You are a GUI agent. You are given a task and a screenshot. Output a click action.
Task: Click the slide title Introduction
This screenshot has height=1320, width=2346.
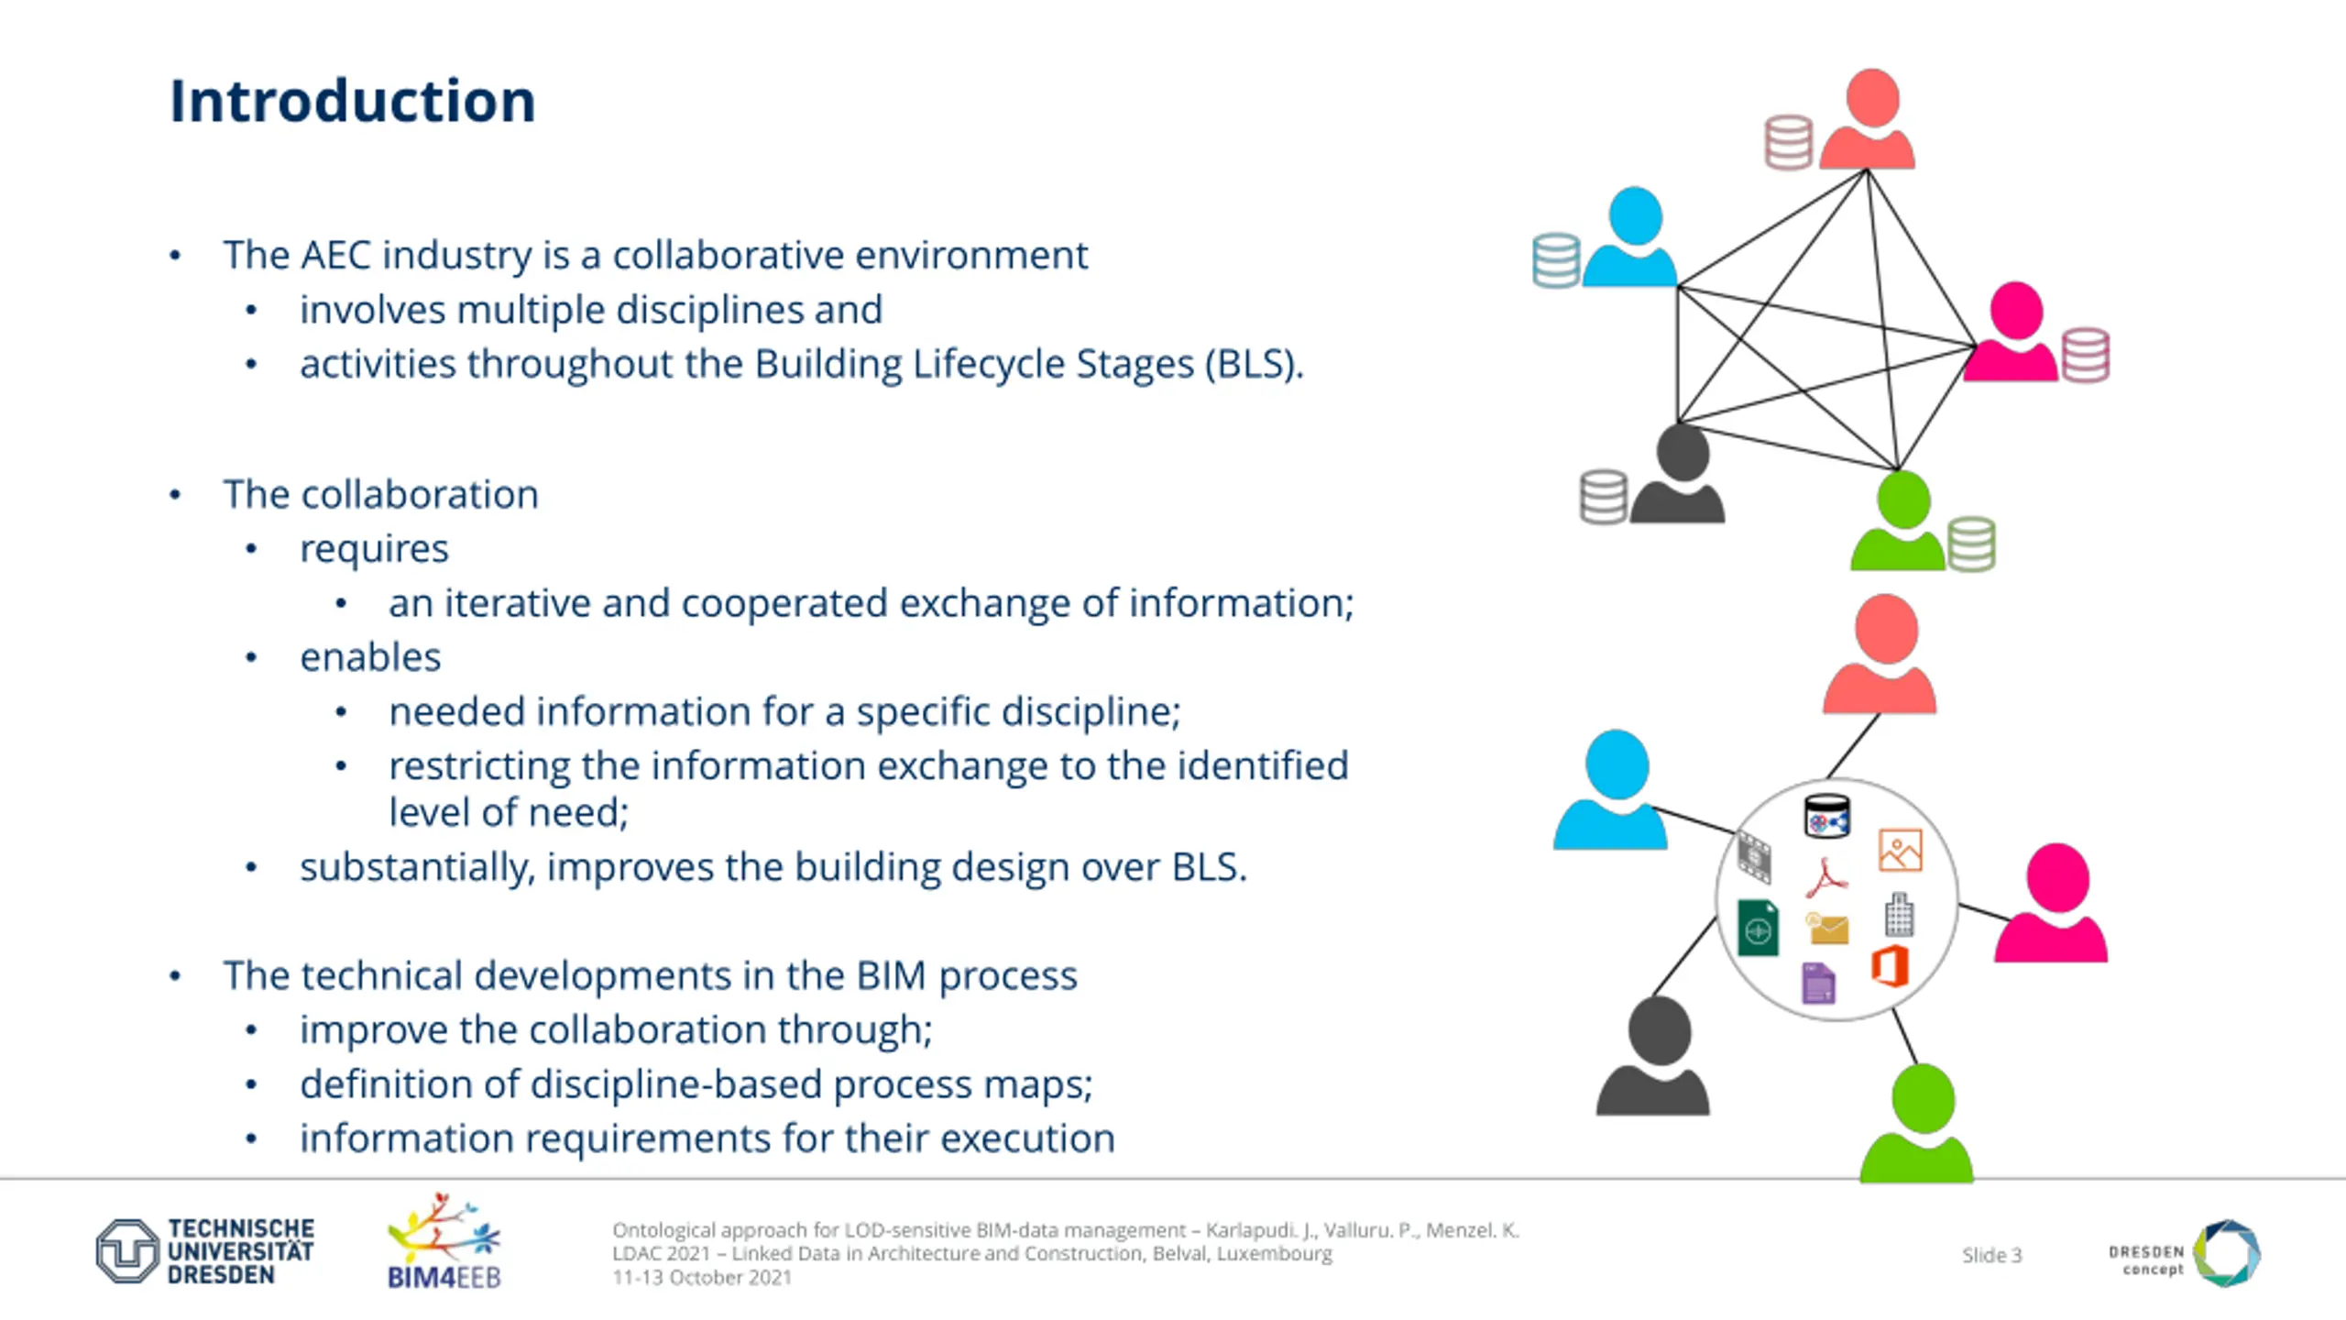coord(352,101)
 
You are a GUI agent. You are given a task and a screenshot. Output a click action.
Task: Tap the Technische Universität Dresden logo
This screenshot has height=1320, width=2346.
coord(205,1251)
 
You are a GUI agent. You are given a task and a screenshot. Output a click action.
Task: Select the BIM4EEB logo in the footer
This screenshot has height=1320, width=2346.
coord(444,1242)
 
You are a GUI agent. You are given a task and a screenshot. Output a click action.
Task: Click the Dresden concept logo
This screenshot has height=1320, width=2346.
coord(2186,1253)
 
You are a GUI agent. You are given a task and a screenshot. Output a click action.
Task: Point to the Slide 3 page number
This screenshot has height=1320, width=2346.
coord(1991,1255)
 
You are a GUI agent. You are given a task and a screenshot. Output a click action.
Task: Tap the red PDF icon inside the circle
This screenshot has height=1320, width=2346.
coord(1826,877)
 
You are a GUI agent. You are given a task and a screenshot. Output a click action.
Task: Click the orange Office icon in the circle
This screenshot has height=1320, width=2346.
coord(1890,966)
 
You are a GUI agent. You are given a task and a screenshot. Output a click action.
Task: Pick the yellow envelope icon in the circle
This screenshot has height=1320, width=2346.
coord(1827,929)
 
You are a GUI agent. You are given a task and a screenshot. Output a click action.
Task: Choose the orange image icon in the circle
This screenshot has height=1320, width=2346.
coord(1900,851)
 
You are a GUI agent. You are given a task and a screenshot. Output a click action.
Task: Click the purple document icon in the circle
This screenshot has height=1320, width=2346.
coord(1818,984)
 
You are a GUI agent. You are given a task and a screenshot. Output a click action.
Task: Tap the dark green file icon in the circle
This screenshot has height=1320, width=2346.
coord(1758,928)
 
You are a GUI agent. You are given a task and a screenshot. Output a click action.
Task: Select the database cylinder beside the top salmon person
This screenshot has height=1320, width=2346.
coord(1788,142)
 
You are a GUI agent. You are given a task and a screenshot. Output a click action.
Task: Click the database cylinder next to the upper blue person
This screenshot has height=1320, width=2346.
coord(1556,260)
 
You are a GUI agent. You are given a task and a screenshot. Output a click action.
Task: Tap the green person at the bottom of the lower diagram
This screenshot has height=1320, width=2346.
coord(1917,1126)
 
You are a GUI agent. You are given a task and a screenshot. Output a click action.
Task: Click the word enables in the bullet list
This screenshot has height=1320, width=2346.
coord(370,657)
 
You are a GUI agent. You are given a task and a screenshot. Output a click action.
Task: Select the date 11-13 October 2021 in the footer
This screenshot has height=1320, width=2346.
coord(702,1278)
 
